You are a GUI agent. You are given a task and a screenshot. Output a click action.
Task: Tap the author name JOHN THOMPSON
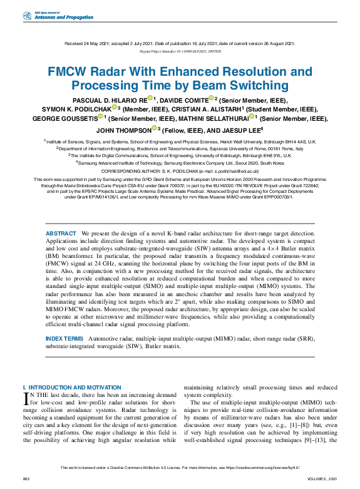point(123,130)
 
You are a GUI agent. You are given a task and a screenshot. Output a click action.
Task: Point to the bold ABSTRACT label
point(61,233)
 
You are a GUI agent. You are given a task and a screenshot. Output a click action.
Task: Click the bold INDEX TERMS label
point(64,338)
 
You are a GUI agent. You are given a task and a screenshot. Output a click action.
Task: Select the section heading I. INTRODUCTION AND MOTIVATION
point(72,388)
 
